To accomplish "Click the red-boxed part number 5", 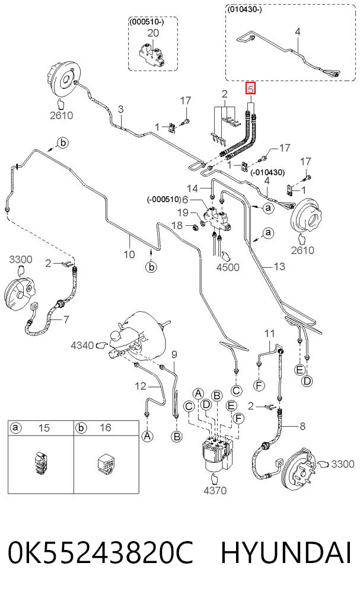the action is pos(250,89).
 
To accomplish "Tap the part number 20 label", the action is pos(152,33).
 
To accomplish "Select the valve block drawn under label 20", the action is pos(152,55).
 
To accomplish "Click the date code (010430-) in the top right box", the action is pos(245,9).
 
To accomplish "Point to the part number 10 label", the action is pos(129,254).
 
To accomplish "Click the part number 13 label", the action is pos(279,266).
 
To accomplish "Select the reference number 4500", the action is pos(228,266).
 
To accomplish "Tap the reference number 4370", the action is pos(215,490).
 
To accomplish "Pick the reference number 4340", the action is pos(82,345).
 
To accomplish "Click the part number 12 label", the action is pos(141,386).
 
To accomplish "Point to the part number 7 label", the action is pos(66,319).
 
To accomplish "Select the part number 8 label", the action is pos(302,426).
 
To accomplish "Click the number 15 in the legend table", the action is pos(44,427).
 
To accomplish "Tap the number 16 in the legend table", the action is pos(105,427).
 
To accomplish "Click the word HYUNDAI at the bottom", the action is pos(286,553).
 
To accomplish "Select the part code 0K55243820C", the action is pos(101,553).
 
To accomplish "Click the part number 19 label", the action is pos(183,212).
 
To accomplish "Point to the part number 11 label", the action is pos(269,333).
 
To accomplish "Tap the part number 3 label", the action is pos(120,110).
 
